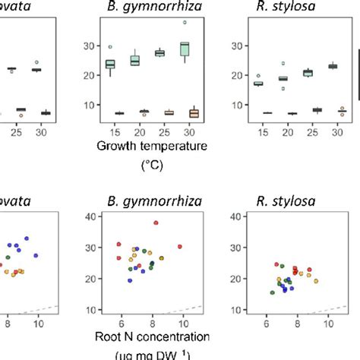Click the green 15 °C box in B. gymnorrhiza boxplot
[110, 64]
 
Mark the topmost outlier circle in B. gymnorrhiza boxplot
[185, 22]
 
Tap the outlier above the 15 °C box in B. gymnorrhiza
[110, 47]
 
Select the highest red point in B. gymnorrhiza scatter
[156, 223]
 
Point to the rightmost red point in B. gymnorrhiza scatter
[180, 246]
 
